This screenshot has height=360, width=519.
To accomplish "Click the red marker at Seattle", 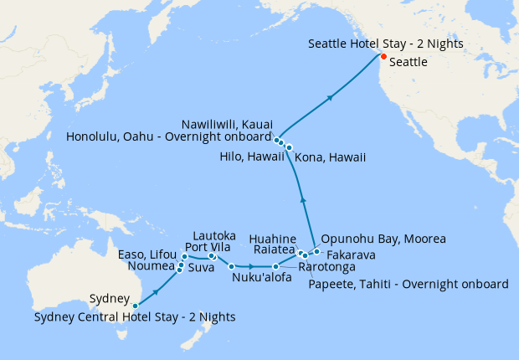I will [383, 57].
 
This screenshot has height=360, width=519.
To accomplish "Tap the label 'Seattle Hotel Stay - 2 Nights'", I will [386, 44].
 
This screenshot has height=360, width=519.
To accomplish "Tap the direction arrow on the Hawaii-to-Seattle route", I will [331, 97].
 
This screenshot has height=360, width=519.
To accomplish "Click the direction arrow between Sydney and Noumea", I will [157, 290].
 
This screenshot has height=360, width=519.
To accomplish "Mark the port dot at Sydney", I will [136, 306].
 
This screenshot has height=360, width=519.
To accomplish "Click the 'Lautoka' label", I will [214, 235].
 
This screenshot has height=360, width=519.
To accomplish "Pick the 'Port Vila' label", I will [209, 248].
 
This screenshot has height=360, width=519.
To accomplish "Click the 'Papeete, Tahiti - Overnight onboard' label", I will [408, 284].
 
